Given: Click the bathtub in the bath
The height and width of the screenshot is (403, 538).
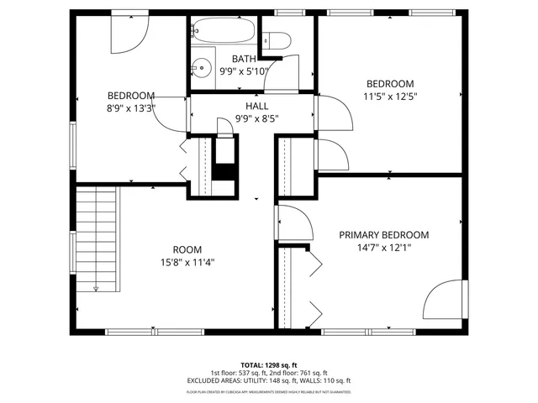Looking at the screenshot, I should pyautogui.click(x=222, y=31).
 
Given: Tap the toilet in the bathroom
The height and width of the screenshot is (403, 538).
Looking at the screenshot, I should pyautogui.click(x=276, y=39).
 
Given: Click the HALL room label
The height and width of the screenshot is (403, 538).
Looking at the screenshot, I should pyautogui.click(x=257, y=106).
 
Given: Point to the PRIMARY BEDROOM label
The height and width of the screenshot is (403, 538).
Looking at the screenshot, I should pyautogui.click(x=383, y=235).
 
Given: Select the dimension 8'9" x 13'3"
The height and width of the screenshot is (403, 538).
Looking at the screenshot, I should pyautogui.click(x=130, y=107).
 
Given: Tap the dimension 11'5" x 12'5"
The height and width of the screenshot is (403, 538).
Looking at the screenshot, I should pyautogui.click(x=390, y=97).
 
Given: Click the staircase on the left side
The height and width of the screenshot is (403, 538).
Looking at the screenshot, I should pyautogui.click(x=97, y=239).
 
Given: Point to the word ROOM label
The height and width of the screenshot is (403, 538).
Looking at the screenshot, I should pyautogui.click(x=187, y=249).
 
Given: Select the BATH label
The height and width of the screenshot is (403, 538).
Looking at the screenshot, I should pyautogui.click(x=244, y=59).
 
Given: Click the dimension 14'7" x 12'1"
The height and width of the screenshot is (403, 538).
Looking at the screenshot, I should pyautogui.click(x=383, y=248).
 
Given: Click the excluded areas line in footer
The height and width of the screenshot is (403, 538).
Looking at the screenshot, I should pyautogui.click(x=268, y=380).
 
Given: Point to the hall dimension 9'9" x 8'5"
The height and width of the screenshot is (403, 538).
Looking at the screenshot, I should pyautogui.click(x=256, y=118).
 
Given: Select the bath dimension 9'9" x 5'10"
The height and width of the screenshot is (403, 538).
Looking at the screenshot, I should pyautogui.click(x=244, y=71).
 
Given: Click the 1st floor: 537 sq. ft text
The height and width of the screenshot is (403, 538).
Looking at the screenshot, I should pyautogui.click(x=239, y=373).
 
